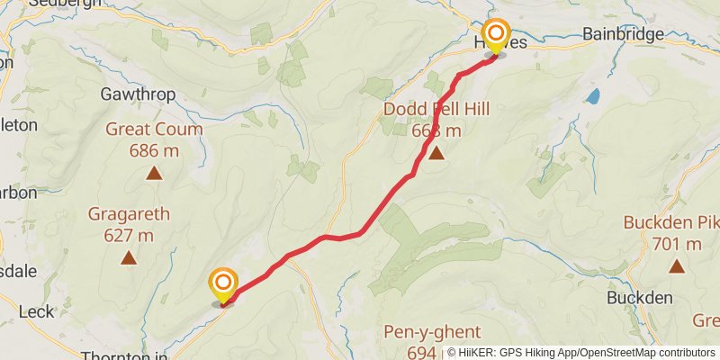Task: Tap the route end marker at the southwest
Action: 222,285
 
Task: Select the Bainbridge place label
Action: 623,34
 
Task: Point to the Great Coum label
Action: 154,130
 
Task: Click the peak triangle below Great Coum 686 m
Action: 154,173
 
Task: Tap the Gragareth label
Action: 129,214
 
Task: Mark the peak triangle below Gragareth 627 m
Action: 129,258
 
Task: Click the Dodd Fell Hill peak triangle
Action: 436,153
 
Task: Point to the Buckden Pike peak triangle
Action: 676,265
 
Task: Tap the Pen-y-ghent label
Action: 432,332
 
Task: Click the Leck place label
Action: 36,311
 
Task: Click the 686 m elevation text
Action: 154,150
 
